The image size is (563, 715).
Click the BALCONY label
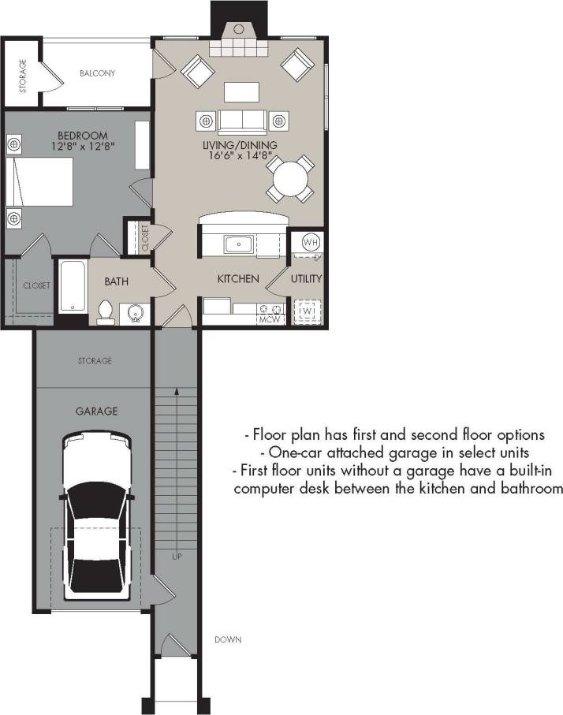[97, 73]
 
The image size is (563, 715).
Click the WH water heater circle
[309, 242]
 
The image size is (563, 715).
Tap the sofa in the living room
[242, 121]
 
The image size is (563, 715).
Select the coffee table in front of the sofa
[242, 91]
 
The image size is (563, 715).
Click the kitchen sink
[238, 244]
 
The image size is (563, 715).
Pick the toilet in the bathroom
[106, 312]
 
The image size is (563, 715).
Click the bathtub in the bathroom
[72, 285]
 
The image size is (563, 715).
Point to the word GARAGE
[96, 411]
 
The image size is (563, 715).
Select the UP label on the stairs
[177, 557]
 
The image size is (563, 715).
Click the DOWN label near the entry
[228, 639]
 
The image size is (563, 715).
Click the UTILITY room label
[307, 279]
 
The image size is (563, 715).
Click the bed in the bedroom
[41, 190]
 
